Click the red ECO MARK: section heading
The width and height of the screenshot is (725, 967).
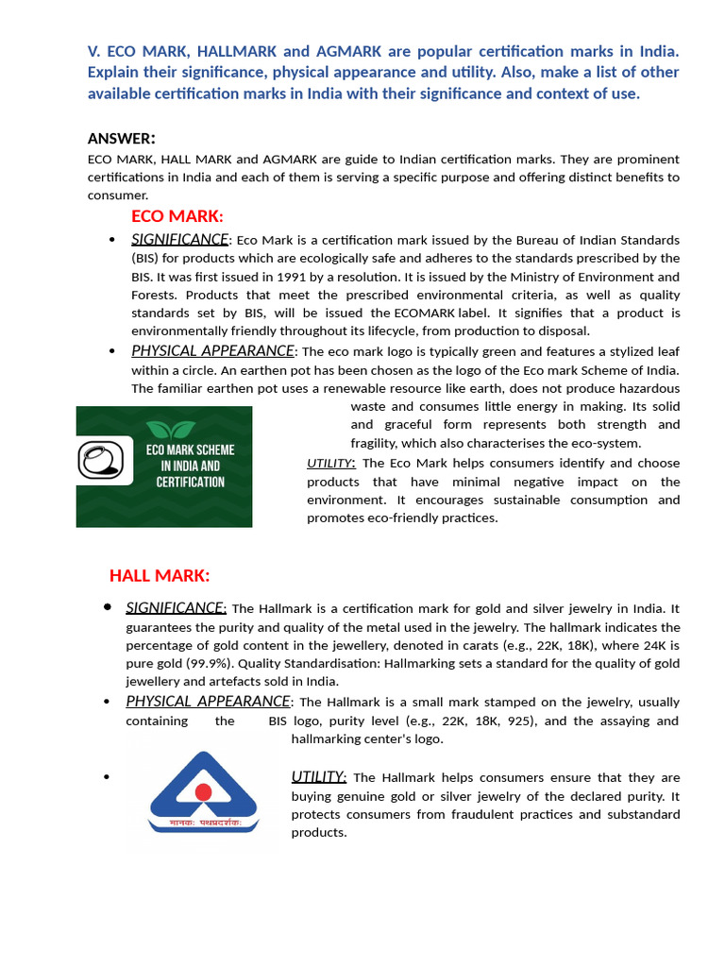[177, 216]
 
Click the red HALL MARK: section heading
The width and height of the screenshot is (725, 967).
[160, 575]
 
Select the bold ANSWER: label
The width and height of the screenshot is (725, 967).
[122, 139]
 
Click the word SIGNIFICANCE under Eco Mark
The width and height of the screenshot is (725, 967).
[179, 240]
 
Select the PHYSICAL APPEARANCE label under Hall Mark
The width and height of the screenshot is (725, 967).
[208, 702]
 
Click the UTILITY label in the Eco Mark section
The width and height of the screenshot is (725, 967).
[330, 463]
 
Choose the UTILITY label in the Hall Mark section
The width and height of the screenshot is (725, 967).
[318, 777]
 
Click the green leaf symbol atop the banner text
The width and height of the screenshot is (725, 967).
[171, 429]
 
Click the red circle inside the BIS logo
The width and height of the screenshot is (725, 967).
[204, 791]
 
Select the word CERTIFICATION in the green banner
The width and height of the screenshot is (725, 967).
[190, 482]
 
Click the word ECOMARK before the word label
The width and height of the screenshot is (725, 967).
[426, 313]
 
